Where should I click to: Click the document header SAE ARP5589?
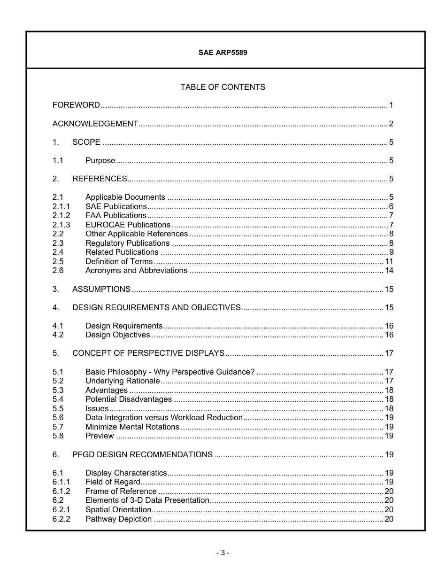click(223, 53)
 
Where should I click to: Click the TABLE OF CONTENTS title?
click(223, 87)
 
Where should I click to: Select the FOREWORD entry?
click(76, 105)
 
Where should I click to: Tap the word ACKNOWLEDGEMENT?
click(95, 124)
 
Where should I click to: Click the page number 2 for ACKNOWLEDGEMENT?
click(391, 124)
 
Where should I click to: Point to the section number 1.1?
click(58, 161)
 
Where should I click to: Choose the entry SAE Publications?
click(116, 207)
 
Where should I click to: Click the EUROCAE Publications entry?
click(128, 225)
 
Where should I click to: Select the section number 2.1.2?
click(61, 216)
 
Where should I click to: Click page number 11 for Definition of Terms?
click(389, 262)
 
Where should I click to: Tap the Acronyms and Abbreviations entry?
click(136, 271)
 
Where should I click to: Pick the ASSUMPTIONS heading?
click(101, 289)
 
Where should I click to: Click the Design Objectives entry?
click(117, 335)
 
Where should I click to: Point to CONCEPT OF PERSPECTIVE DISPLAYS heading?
click(148, 353)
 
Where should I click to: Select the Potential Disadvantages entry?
click(129, 399)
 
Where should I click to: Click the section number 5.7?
click(58, 427)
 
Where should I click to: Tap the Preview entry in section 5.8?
click(100, 436)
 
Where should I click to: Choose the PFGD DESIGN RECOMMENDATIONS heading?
click(142, 454)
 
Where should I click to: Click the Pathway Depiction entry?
click(118, 519)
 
